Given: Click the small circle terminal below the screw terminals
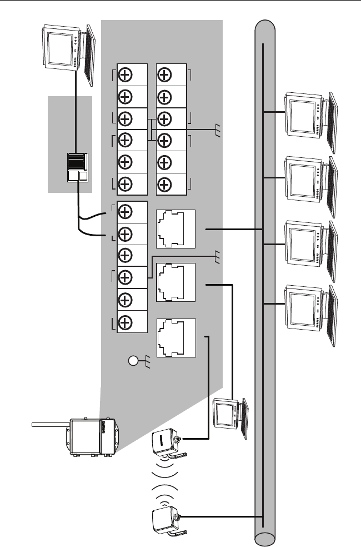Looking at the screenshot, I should pyautogui.click(x=133, y=362).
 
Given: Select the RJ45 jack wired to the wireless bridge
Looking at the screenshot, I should pyautogui.click(x=176, y=337).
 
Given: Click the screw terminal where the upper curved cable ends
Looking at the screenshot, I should pyautogui.click(x=126, y=212).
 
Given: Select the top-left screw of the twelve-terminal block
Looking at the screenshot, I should pyautogui.click(x=126, y=75).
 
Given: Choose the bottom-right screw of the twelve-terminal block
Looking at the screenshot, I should pyautogui.click(x=164, y=184).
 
